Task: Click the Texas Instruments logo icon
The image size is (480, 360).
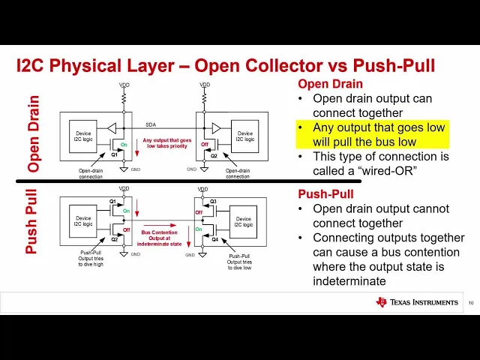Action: (381, 301)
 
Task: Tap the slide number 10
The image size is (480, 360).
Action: (470, 303)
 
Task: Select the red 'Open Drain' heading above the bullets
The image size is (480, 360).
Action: (331, 85)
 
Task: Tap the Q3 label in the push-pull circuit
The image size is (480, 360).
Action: (213, 201)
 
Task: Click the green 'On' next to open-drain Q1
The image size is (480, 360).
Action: (125, 145)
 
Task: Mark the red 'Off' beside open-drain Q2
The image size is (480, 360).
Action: (203, 145)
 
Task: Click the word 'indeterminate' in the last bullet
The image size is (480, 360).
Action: (348, 280)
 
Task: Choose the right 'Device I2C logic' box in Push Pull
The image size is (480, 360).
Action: (244, 222)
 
